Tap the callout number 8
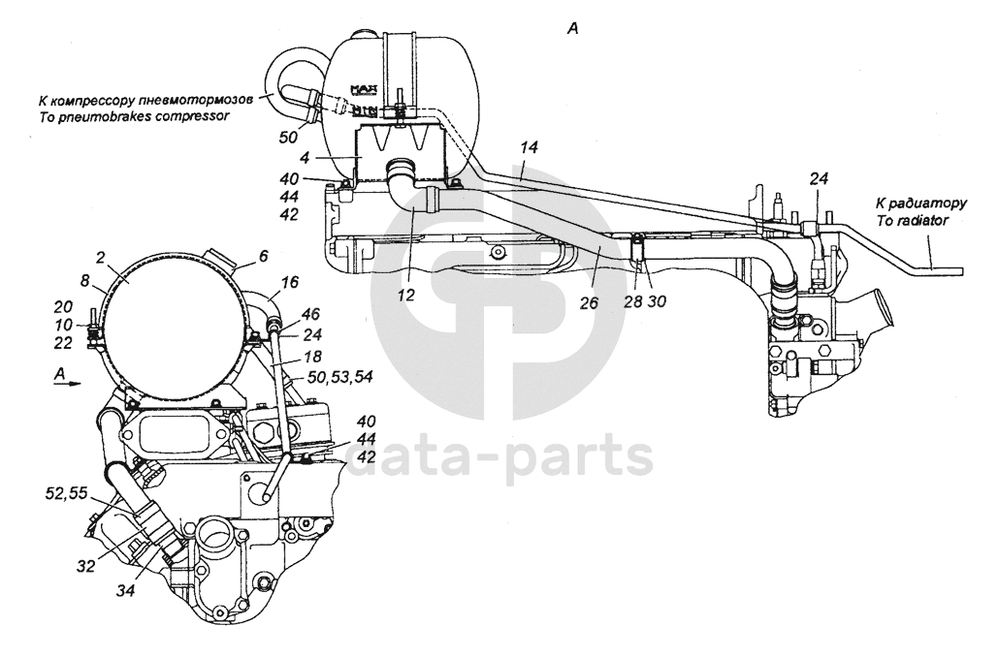[85, 283]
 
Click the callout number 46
[310, 316]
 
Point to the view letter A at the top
[572, 30]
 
